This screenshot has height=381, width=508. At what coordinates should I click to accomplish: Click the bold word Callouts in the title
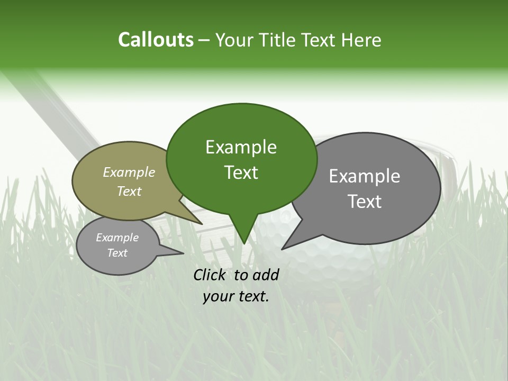pos(156,40)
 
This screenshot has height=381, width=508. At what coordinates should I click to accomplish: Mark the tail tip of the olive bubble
pos(202,224)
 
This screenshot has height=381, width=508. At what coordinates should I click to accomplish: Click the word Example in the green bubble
pos(241,147)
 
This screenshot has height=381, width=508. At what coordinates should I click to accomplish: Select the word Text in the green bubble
pos(241,173)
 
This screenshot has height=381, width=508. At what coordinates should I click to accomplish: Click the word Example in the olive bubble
pos(129,172)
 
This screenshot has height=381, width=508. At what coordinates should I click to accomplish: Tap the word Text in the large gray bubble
pos(365,202)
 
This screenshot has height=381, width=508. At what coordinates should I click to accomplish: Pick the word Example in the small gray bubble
pos(117,238)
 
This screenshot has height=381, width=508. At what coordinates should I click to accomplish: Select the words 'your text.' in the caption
pos(236,296)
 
